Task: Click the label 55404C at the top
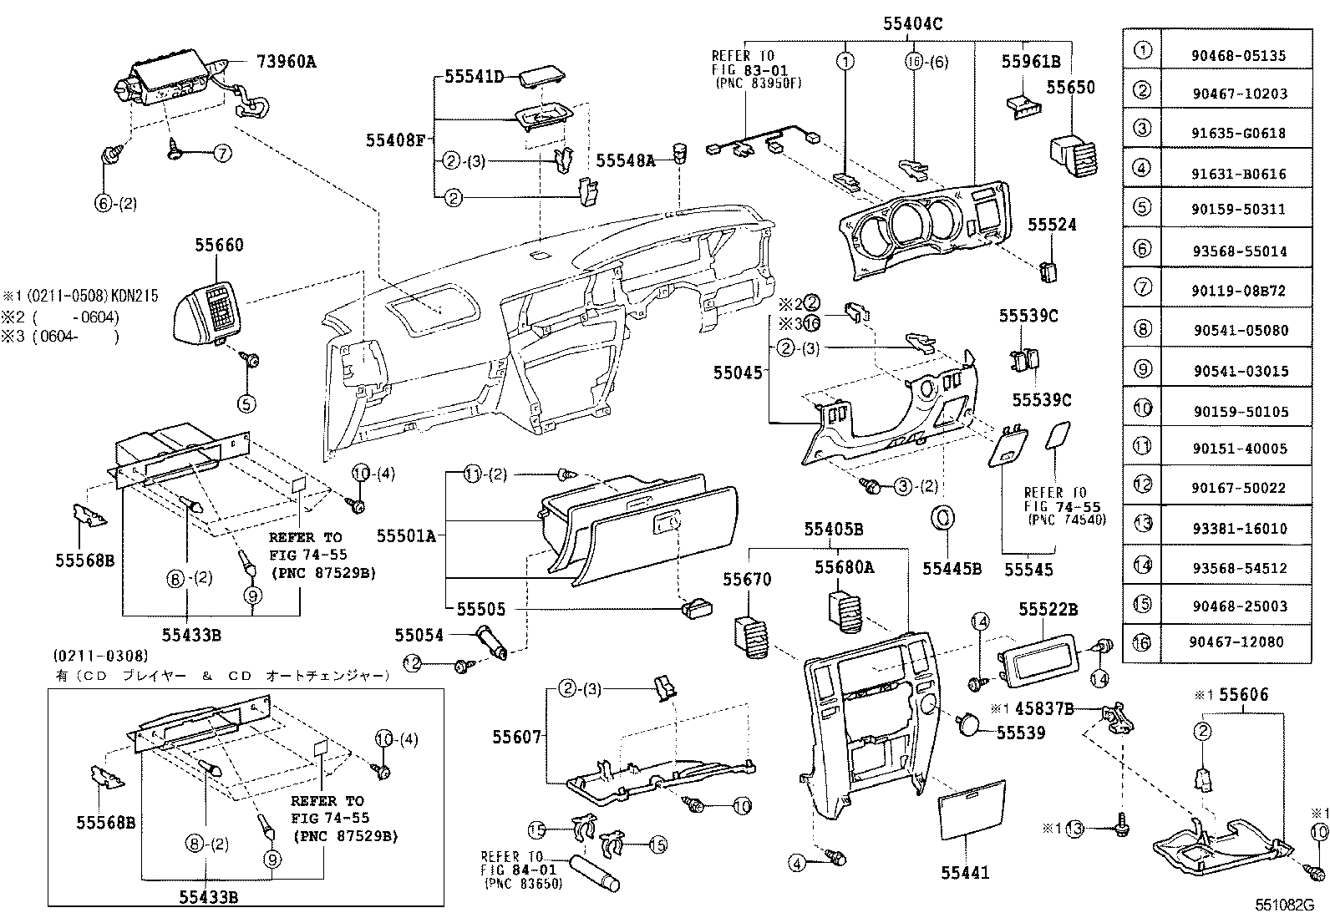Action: [x=912, y=25]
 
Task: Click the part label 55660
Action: [x=220, y=245]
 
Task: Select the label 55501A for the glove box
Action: [x=406, y=535]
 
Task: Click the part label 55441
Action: [x=965, y=873]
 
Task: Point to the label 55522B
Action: [x=1048, y=611]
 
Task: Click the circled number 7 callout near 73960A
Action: [x=222, y=153]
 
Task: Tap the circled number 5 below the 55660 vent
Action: [x=246, y=403]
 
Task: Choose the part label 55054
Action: [x=419, y=636]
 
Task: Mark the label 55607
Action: [x=518, y=737]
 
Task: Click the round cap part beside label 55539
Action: [x=968, y=724]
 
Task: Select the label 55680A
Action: [x=845, y=567]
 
